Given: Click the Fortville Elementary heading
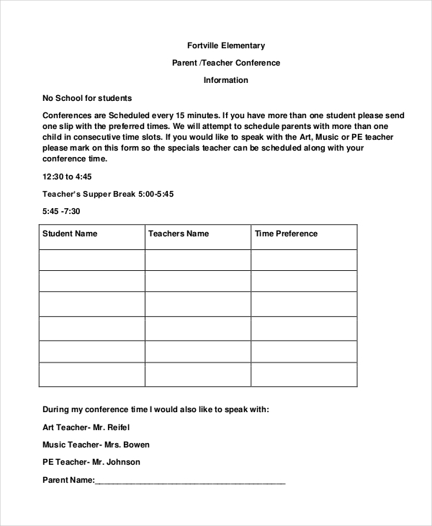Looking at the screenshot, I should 225,45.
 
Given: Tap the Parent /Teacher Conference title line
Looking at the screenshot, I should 225,63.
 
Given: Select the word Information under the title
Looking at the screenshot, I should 225,80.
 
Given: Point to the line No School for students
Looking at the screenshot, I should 87,98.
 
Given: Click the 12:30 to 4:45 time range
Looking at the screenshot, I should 67,177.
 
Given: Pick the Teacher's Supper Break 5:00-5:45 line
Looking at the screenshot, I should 108,194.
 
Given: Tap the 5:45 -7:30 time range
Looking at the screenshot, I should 61,211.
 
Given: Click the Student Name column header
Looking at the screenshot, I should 70,233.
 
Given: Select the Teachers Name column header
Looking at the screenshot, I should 179,233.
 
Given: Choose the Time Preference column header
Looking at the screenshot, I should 286,233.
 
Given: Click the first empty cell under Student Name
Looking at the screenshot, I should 91,259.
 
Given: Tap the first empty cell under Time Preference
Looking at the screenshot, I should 304,259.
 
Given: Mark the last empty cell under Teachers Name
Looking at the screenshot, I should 197,374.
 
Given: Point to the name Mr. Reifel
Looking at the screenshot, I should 118,427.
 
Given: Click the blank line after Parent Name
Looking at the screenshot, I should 190,480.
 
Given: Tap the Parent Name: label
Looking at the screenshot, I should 68,480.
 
